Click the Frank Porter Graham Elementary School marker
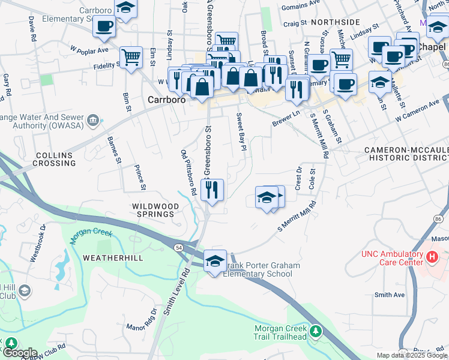215,261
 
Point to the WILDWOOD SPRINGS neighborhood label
155,211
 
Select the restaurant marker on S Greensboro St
212,190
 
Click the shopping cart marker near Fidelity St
131,58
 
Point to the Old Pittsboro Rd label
188,173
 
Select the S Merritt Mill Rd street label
297,218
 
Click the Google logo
20,353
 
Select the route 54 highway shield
179,247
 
